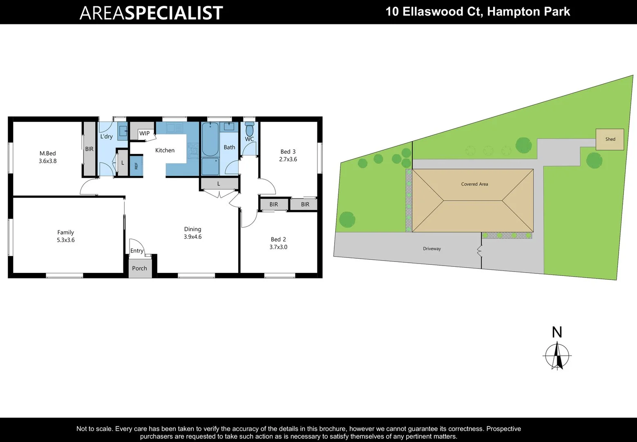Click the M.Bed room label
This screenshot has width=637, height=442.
[47, 153]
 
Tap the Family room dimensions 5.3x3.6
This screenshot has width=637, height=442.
[65, 240]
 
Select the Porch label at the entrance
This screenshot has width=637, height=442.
[139, 268]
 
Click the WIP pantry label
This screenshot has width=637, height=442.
[144, 133]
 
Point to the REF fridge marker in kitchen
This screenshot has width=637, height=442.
[136, 166]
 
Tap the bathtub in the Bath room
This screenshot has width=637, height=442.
[210, 139]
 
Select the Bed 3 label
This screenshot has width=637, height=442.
[288, 152]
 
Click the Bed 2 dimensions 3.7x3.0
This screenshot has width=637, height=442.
[278, 247]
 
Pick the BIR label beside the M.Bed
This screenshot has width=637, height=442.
[89, 149]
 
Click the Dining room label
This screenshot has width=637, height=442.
[192, 229]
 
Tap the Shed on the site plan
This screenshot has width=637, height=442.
[610, 139]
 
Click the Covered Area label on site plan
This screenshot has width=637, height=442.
[474, 184]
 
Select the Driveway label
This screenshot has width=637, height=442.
[431, 249]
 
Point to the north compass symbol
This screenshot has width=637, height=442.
[557, 356]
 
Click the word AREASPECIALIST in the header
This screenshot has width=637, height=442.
[151, 13]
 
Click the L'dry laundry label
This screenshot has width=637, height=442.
[106, 136]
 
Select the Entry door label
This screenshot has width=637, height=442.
[136, 251]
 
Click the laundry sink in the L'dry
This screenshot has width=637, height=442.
[123, 131]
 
